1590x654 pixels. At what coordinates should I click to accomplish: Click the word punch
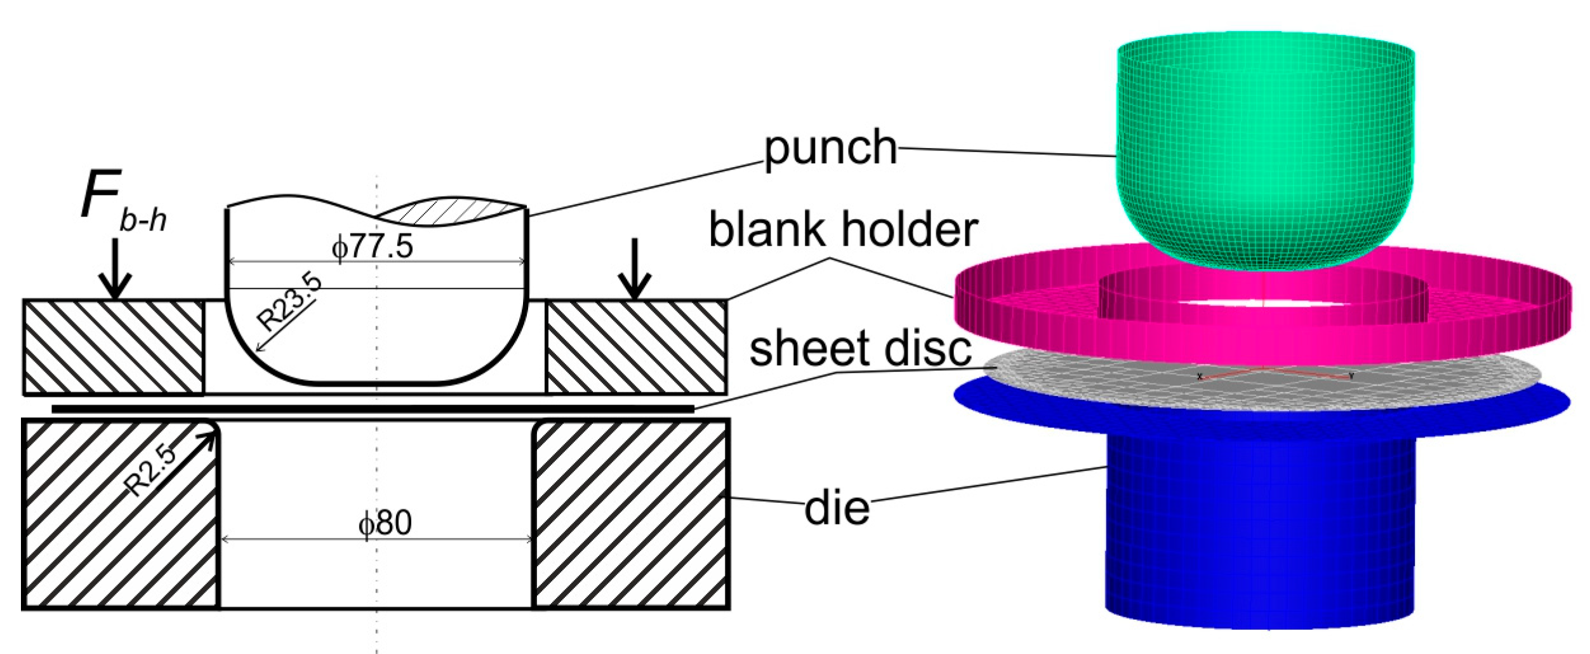[830, 148]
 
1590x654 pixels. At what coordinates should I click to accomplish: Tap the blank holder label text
[843, 230]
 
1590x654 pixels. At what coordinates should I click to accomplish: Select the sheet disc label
[860, 349]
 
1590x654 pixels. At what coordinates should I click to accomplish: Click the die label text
[837, 508]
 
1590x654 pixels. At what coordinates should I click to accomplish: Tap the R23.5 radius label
[289, 304]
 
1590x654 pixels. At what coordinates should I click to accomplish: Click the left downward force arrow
[115, 269]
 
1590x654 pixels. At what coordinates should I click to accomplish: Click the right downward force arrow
[634, 269]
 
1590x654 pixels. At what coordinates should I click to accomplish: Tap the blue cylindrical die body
[1260, 527]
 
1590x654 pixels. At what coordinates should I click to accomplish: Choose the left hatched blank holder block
[113, 347]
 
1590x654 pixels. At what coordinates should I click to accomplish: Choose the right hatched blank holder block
[636, 347]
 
